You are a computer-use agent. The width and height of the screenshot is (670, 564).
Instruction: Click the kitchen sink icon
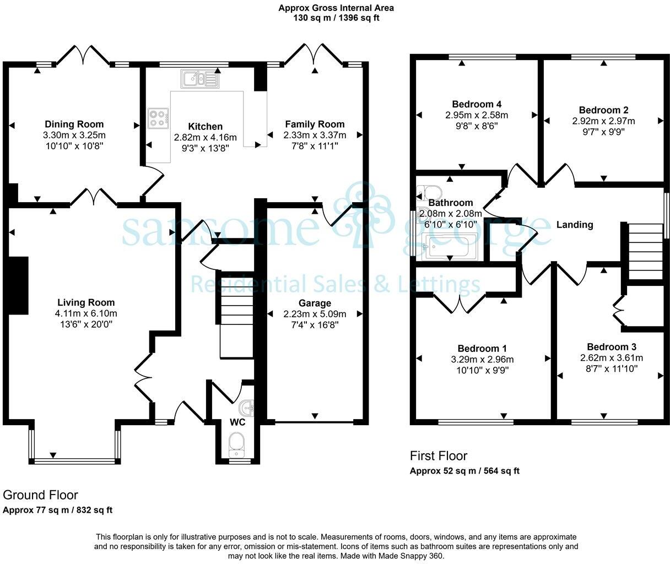(199, 79)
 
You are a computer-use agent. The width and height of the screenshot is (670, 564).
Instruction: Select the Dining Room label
(74, 124)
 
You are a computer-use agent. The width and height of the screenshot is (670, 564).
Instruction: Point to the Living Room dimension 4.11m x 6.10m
(86, 313)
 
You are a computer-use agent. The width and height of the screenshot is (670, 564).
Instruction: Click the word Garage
(315, 303)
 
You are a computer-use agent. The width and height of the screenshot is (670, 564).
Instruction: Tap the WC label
(237, 422)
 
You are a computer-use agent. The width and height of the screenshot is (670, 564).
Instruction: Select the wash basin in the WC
(246, 408)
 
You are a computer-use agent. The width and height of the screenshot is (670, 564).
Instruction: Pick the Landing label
(575, 225)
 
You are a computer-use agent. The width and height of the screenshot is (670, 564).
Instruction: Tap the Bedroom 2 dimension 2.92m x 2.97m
(603, 121)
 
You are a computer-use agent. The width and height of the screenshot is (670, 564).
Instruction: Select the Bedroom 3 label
(611, 347)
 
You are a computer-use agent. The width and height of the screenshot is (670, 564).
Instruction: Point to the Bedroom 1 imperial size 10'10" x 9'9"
(482, 370)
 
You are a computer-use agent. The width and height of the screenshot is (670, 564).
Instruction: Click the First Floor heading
(438, 455)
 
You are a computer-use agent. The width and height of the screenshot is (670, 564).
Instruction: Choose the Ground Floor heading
(40, 495)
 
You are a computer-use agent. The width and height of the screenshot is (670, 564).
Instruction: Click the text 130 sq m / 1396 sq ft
(336, 18)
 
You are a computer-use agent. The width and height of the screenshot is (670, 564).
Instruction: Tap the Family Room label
(315, 124)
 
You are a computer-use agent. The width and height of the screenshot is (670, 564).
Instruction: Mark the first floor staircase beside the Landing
(645, 251)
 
